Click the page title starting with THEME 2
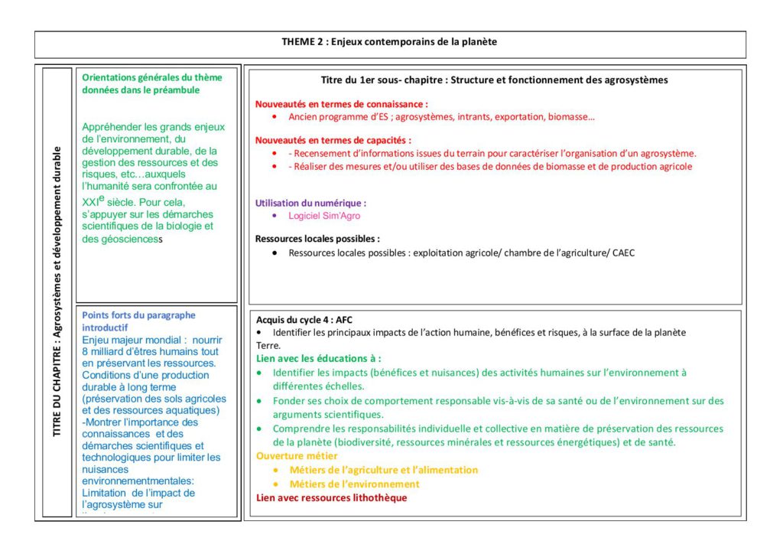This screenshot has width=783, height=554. click(x=389, y=42)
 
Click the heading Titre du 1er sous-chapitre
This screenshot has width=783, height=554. click(x=494, y=80)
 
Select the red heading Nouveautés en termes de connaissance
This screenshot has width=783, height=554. click(x=341, y=103)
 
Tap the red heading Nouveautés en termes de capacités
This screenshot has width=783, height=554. click(x=333, y=141)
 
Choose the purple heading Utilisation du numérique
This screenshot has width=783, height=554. click(x=310, y=204)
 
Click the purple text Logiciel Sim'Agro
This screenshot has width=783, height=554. click(x=324, y=216)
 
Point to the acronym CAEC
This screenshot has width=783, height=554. click(x=623, y=253)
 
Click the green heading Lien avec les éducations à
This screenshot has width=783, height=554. click(x=318, y=358)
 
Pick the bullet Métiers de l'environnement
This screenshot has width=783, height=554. click(x=355, y=484)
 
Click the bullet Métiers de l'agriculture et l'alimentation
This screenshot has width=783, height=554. click(x=384, y=470)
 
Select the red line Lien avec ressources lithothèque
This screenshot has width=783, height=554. click(x=331, y=498)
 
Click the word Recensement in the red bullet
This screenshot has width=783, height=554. click(x=324, y=153)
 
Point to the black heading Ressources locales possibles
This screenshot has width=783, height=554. click(x=317, y=239)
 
